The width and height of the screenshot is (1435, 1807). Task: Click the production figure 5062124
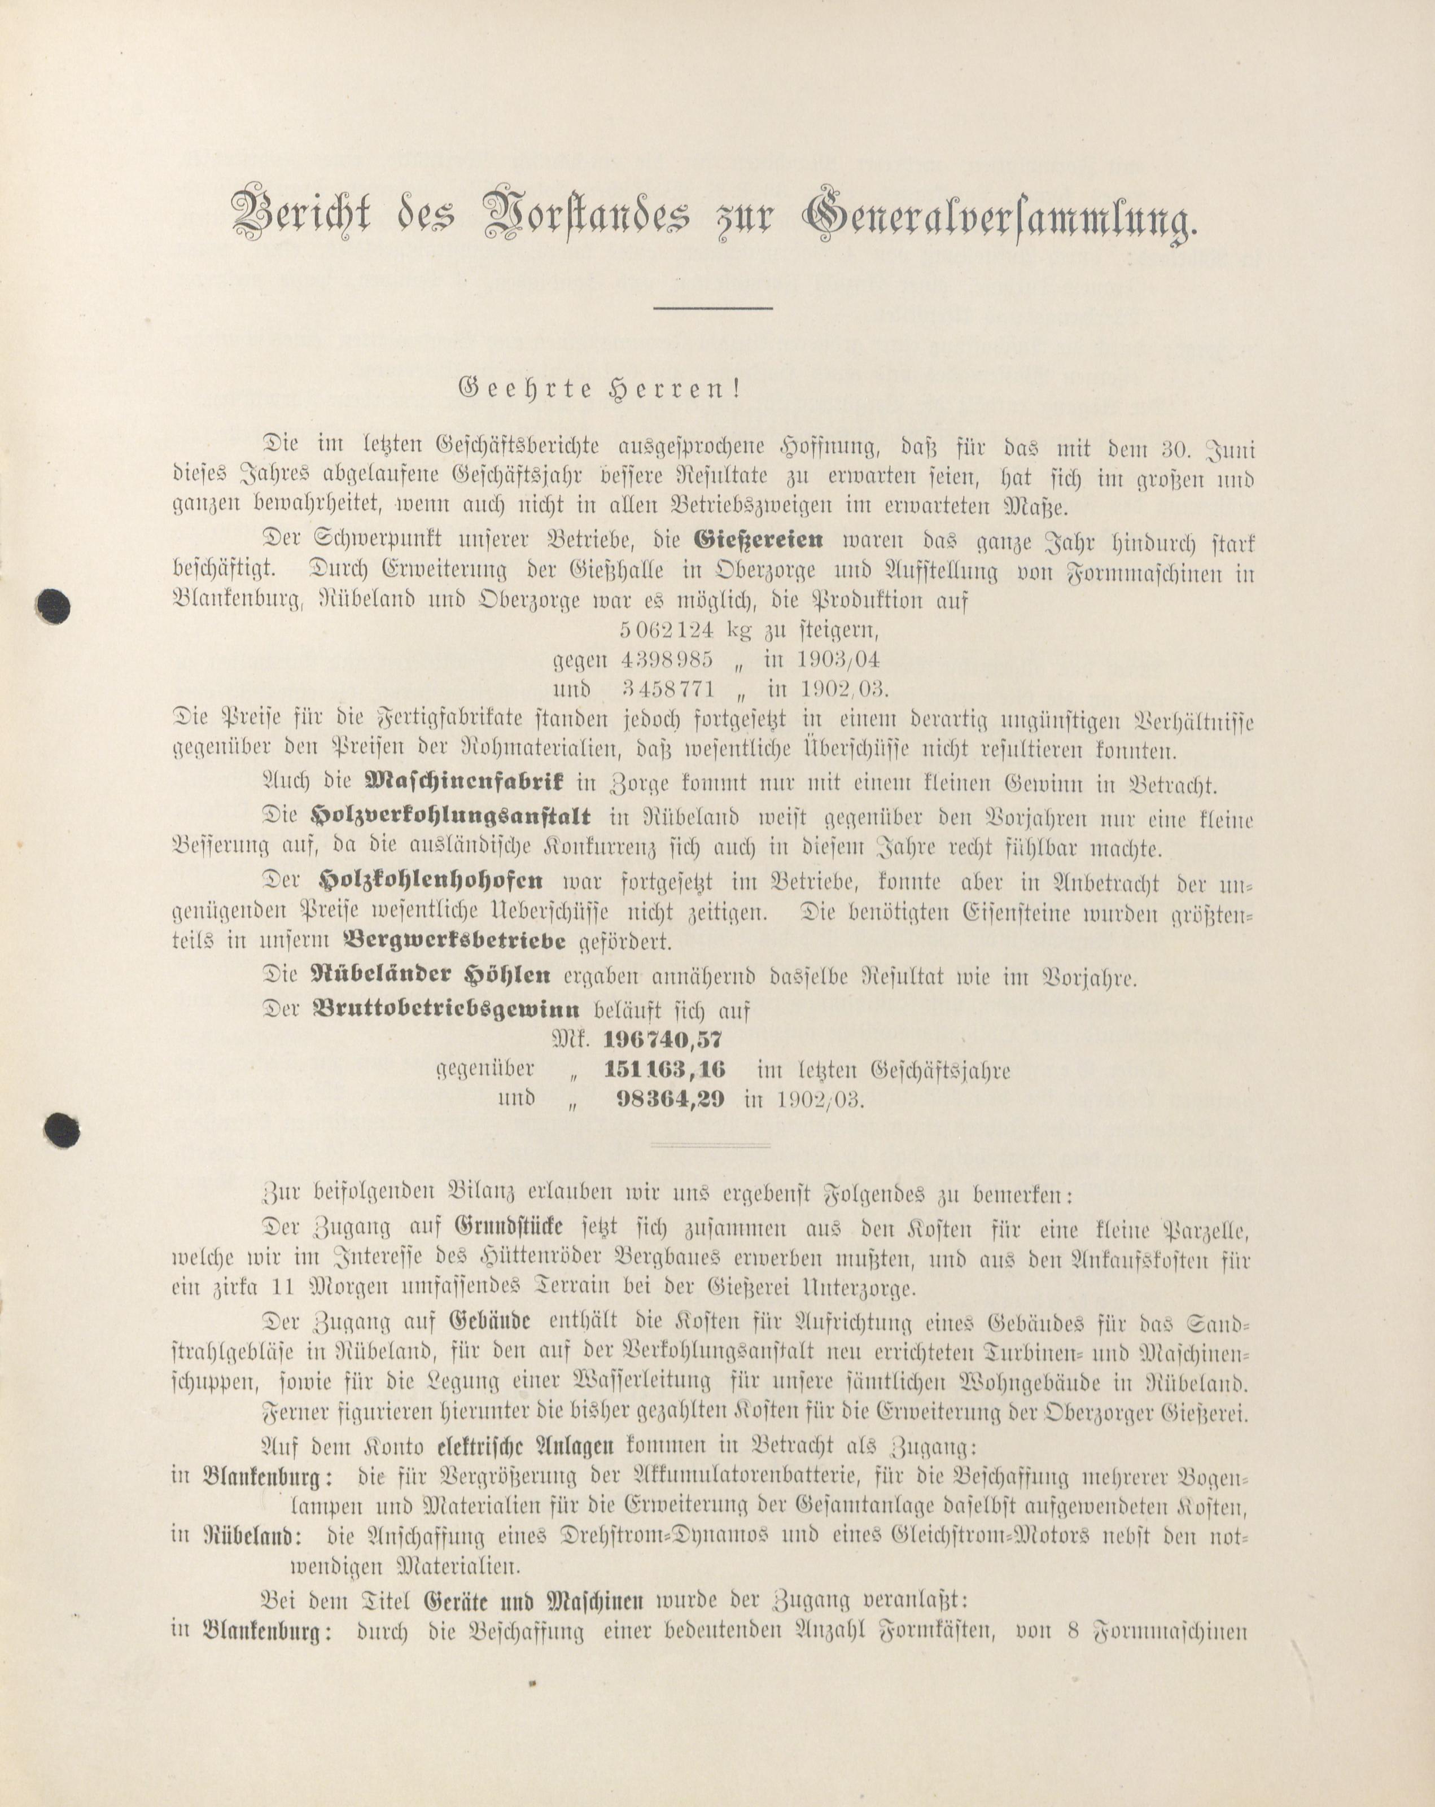pos(666,629)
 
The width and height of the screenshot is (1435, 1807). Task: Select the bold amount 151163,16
pos(664,1070)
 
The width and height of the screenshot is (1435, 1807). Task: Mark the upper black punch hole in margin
pos(55,606)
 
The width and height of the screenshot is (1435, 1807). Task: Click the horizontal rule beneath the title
pos(712,308)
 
